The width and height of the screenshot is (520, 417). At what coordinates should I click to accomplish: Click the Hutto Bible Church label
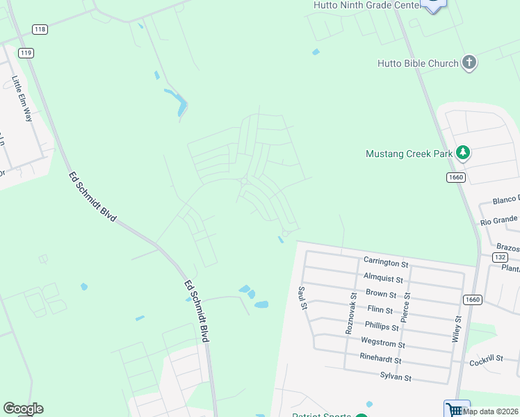pyautogui.click(x=417, y=63)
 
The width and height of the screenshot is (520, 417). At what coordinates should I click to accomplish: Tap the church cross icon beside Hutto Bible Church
pyautogui.click(x=469, y=63)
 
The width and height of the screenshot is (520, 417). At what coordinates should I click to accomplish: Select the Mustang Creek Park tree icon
pyautogui.click(x=462, y=153)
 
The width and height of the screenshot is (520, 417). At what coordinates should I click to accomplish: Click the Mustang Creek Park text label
pyautogui.click(x=409, y=154)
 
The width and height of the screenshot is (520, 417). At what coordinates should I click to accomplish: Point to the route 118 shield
pyautogui.click(x=40, y=29)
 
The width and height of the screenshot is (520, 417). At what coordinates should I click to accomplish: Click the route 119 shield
pyautogui.click(x=26, y=53)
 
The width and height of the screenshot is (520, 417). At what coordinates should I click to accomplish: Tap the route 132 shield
pyautogui.click(x=499, y=257)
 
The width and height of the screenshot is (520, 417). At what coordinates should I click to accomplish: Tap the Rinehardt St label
pyautogui.click(x=380, y=360)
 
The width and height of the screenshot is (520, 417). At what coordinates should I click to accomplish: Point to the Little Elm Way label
pyautogui.click(x=20, y=99)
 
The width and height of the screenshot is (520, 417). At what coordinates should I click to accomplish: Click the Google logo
pyautogui.click(x=23, y=409)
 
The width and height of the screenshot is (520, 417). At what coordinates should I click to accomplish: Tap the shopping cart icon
pyautogui.click(x=456, y=409)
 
